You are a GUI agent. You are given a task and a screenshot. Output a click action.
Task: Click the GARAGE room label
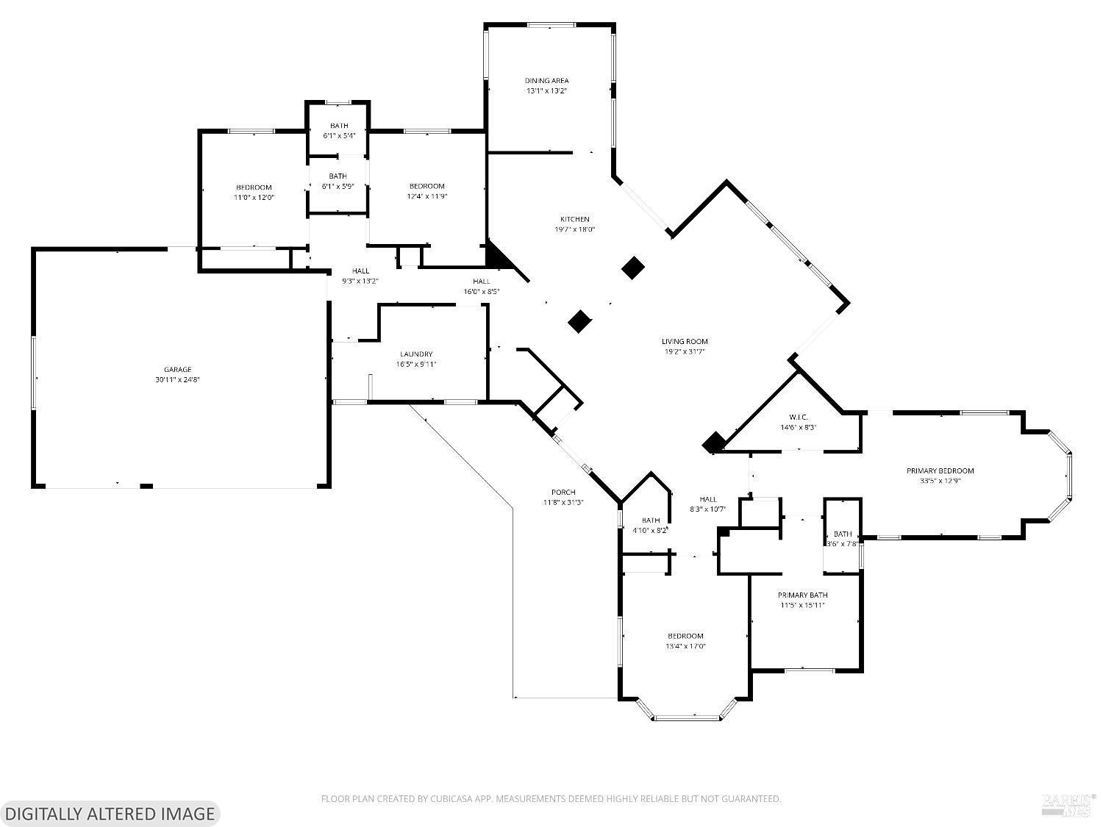177,370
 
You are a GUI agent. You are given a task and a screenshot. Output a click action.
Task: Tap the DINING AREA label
546,81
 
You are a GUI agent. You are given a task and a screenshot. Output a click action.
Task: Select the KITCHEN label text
574,219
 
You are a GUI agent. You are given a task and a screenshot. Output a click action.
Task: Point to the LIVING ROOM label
684,341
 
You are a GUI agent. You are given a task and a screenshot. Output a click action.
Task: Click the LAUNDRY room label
416,354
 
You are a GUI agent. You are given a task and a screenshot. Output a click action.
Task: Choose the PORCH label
563,493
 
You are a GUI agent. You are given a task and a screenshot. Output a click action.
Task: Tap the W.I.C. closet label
798,417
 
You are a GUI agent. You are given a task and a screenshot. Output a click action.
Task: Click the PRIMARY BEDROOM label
940,470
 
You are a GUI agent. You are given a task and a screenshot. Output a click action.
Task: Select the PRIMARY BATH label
803,595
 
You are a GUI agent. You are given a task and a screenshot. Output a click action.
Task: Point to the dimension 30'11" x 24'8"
177,380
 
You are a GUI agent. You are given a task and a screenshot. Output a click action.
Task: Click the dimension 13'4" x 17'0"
685,646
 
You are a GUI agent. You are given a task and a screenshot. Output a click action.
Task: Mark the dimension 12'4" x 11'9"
426,196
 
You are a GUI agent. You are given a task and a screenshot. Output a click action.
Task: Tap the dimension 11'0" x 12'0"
254,197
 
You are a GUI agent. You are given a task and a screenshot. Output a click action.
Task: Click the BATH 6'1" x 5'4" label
339,130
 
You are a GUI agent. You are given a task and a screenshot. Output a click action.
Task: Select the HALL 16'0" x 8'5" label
481,286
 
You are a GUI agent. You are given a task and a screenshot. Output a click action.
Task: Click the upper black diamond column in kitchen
633,268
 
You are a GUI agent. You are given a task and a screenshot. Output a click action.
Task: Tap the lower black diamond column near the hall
580,321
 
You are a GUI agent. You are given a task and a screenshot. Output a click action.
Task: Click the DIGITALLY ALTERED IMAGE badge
110,813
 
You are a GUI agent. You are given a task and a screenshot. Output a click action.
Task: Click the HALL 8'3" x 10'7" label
707,504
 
